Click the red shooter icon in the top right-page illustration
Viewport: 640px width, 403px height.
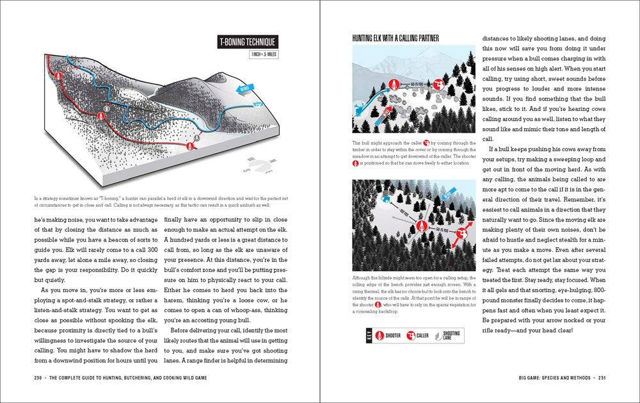coord(395,85)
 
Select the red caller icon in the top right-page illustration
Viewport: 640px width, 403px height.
coord(439,84)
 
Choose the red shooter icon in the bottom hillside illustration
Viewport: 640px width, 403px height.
coord(420,226)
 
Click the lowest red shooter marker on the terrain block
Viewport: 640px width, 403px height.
coord(190,146)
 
